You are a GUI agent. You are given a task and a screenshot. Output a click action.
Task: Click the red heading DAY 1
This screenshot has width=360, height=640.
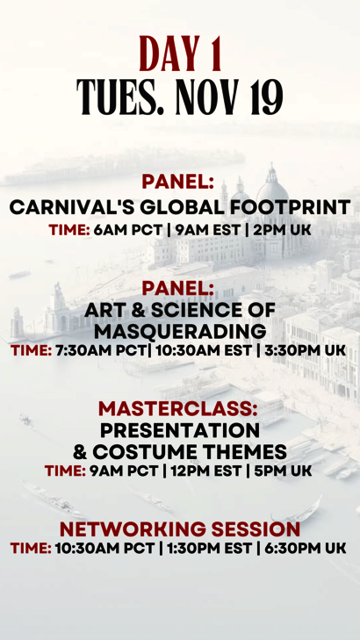click(180, 54)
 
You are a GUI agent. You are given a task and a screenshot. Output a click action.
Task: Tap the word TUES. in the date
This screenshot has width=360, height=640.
click(120, 97)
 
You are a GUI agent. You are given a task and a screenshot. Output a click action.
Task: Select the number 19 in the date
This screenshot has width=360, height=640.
click(267, 97)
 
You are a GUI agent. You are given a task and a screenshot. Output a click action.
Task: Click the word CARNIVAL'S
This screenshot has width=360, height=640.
click(72, 207)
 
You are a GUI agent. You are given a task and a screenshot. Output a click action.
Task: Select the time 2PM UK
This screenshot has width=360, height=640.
click(282, 230)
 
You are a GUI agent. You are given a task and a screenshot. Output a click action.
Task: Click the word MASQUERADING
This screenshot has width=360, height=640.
click(180, 332)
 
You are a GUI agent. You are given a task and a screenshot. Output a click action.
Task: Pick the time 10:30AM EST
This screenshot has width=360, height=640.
click(203, 350)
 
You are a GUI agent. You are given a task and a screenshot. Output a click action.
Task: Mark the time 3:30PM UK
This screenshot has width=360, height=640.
click(305, 350)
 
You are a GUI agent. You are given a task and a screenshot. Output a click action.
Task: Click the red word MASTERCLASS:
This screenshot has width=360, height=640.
click(178, 409)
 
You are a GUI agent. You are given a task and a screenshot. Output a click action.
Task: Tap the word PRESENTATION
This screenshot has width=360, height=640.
click(180, 430)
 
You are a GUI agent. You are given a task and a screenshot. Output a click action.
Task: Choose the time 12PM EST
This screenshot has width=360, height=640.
click(206, 471)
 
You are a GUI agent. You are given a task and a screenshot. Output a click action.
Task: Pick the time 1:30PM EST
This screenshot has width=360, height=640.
click(209, 548)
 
